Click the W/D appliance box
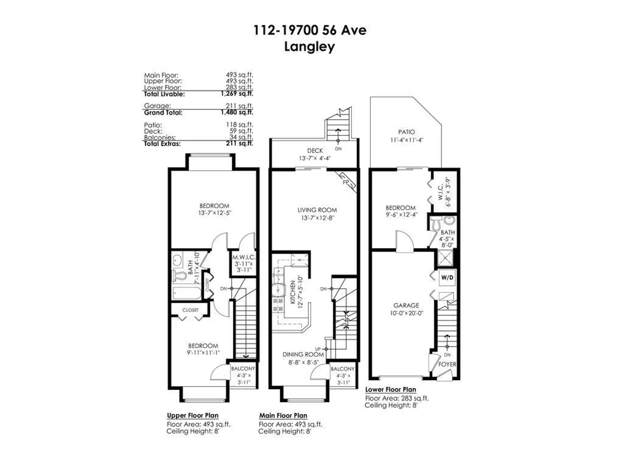(x=447, y=278)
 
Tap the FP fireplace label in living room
(x=346, y=183)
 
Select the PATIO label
(x=406, y=132)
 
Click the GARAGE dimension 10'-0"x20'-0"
(x=406, y=313)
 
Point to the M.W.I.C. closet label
(x=243, y=257)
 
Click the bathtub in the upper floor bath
(x=187, y=293)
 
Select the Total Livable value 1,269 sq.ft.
(x=237, y=94)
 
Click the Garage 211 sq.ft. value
(x=239, y=106)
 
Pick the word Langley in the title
(x=309, y=47)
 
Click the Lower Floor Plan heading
(x=390, y=389)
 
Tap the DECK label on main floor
(x=315, y=151)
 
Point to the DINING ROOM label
(x=303, y=354)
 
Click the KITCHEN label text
(x=293, y=292)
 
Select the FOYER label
(x=447, y=364)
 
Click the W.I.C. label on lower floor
(x=440, y=192)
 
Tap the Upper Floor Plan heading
(x=192, y=415)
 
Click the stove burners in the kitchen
(x=277, y=305)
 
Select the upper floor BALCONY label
(x=243, y=369)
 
